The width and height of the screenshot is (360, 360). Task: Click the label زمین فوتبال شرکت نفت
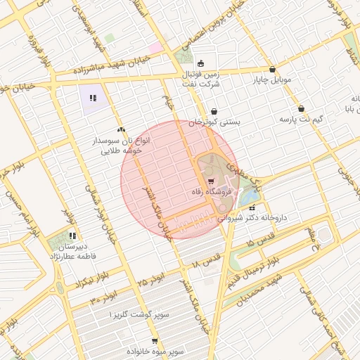[202, 79]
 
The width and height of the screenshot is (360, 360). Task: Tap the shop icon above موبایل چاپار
[272, 70]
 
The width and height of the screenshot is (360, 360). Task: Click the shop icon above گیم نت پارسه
[302, 109]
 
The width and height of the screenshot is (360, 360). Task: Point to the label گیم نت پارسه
[301, 120]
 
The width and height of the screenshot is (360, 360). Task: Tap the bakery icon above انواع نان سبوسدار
[122, 129]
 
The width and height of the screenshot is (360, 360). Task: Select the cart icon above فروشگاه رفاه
[212, 181]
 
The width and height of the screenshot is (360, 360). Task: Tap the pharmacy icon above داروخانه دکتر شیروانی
[251, 208]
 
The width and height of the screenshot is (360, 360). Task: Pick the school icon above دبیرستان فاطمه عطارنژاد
[72, 236]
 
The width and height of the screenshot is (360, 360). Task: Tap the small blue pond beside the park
[247, 197]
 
